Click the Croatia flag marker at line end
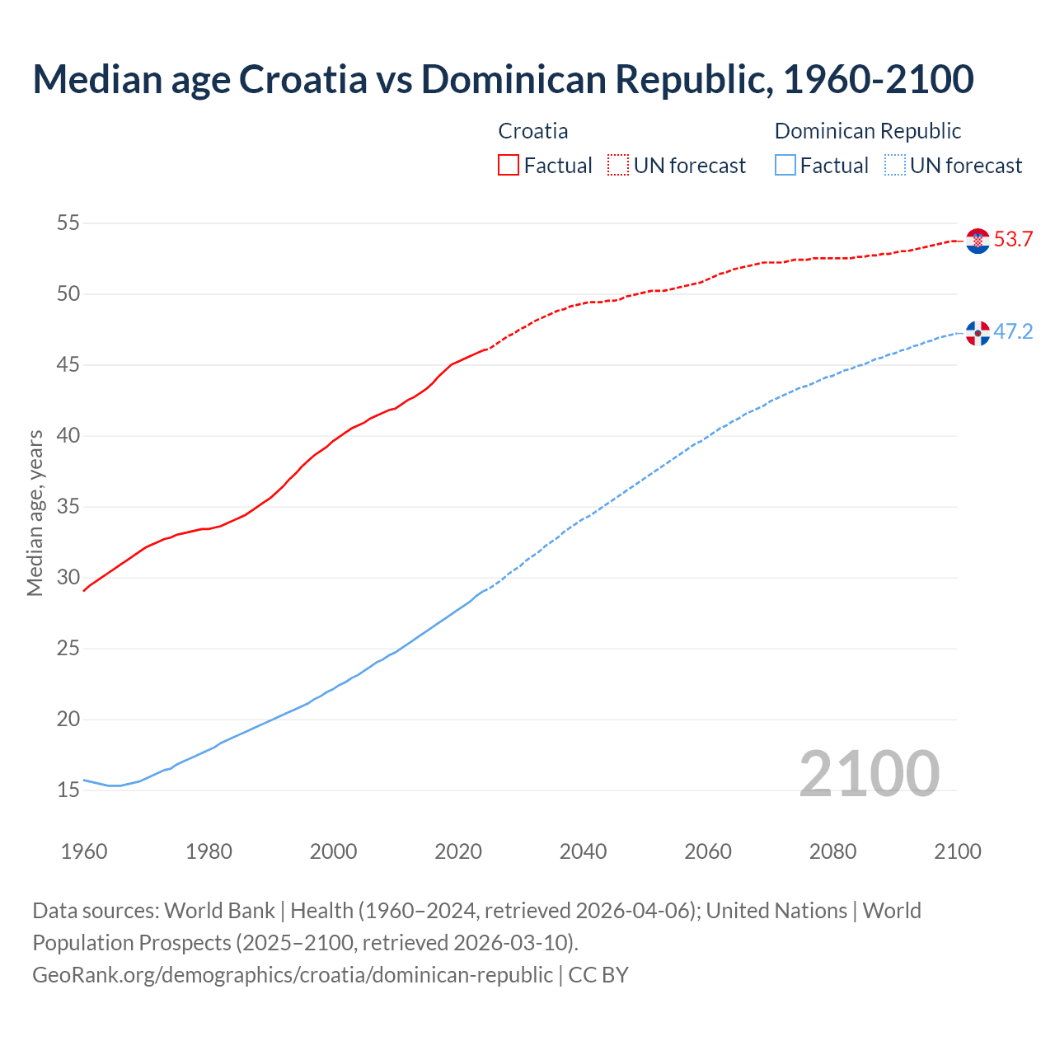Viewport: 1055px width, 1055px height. click(978, 241)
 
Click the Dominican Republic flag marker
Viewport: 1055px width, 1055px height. click(978, 333)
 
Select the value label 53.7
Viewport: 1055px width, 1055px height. click(1013, 240)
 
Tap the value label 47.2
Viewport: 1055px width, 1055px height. click(1013, 332)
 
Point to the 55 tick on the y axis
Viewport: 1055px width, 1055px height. click(68, 223)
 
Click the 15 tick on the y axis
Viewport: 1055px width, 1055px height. click(68, 790)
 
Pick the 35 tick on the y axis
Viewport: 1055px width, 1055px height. click(68, 506)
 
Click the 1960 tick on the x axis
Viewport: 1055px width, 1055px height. click(84, 851)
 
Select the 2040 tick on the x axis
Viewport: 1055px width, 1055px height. click(583, 851)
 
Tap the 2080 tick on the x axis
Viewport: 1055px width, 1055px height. click(832, 851)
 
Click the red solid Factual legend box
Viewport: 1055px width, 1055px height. click(509, 166)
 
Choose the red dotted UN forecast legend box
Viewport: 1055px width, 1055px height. click(618, 166)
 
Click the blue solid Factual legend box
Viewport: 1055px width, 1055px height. click(785, 166)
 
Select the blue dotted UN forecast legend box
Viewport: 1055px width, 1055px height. click(895, 166)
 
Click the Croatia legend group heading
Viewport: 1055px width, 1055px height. click(533, 131)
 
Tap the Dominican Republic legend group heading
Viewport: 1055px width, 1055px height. click(868, 131)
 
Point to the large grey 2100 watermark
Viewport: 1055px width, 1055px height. click(869, 774)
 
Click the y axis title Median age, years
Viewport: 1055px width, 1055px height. click(35, 513)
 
